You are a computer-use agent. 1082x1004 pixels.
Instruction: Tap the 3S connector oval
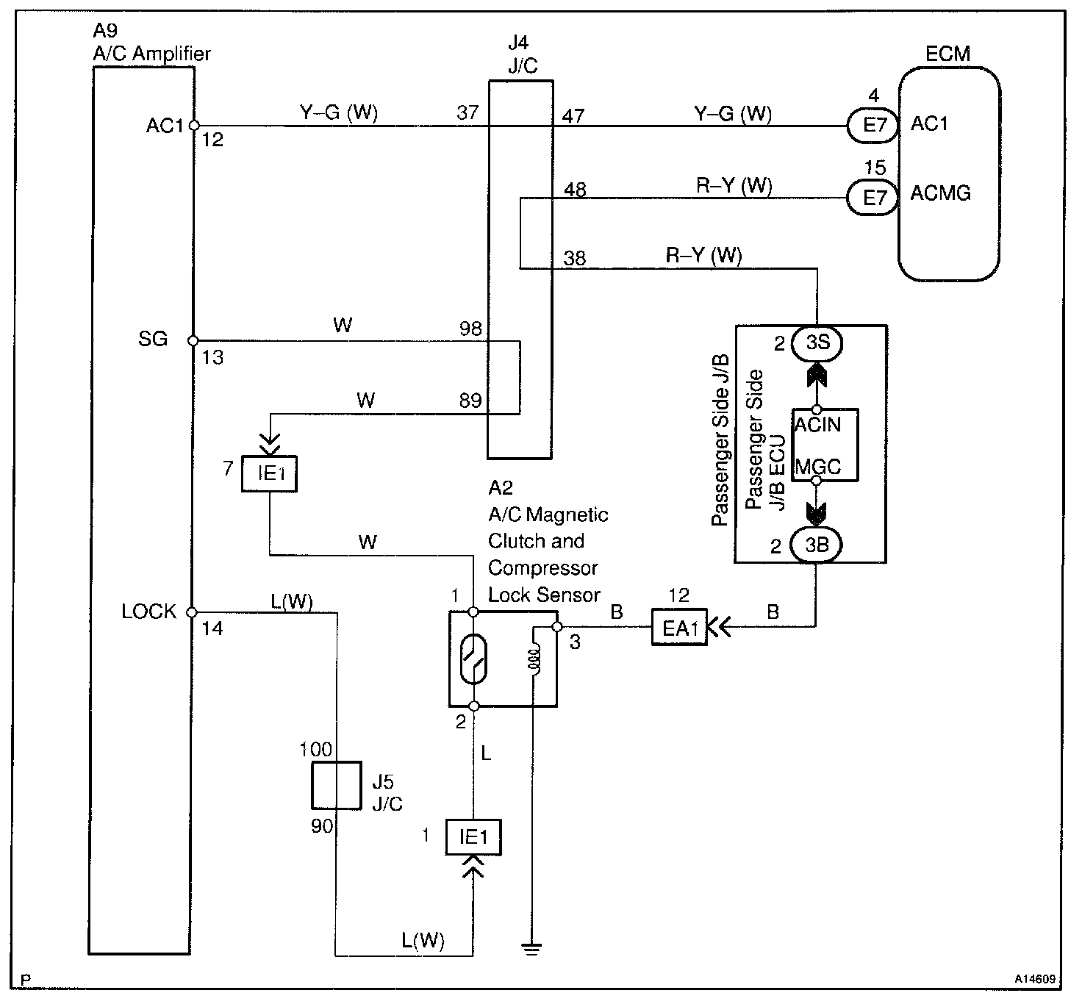click(817, 343)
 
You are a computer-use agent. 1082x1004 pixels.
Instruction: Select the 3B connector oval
click(816, 545)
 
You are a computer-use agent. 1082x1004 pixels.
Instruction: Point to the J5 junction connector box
click(336, 786)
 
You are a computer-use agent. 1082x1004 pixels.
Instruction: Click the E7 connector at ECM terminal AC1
click(873, 125)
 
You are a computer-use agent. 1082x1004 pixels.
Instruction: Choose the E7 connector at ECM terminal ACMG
click(873, 197)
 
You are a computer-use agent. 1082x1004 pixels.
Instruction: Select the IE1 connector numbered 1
click(473, 837)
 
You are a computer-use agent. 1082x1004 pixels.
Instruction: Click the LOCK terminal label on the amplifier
click(148, 612)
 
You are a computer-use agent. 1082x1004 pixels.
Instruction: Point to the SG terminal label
click(153, 339)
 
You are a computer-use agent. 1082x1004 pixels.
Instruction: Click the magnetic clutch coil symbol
click(534, 657)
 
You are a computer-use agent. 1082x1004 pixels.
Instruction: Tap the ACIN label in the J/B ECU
click(818, 424)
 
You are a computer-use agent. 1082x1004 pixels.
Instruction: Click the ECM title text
click(947, 54)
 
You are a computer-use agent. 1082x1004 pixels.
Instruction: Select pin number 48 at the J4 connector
click(575, 190)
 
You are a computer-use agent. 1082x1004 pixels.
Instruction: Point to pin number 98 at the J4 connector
click(470, 329)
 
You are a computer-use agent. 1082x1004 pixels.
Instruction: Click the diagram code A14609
click(1036, 979)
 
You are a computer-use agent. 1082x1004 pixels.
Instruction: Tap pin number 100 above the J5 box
click(316, 750)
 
